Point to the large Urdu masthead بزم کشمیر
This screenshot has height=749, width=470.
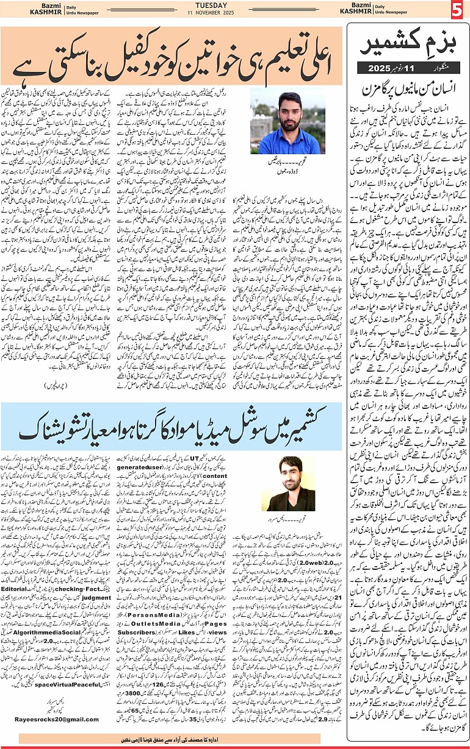tap(405, 46)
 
